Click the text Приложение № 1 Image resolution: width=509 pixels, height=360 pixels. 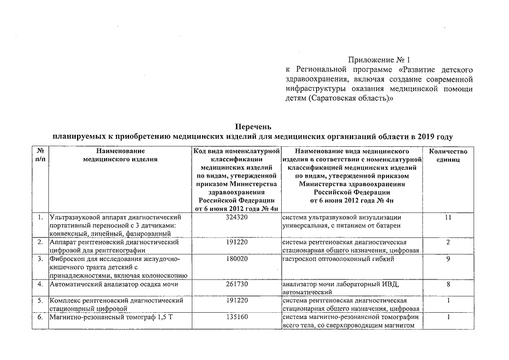pyautogui.click(x=380, y=59)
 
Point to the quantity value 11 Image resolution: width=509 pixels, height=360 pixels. pyautogui.click(x=448, y=217)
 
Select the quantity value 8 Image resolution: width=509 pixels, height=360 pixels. pyautogui.click(x=448, y=284)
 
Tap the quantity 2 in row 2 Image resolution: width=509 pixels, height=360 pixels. pyautogui.click(x=448, y=242)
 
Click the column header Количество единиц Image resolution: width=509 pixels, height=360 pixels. pyautogui.click(x=448, y=155)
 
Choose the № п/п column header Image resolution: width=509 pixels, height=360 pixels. pyautogui.click(x=40, y=155)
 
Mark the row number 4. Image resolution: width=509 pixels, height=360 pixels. pyautogui.click(x=40, y=284)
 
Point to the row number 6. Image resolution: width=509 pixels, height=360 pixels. pyautogui.click(x=40, y=317)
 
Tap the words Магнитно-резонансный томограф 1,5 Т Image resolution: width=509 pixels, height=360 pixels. pyautogui.click(x=110, y=317)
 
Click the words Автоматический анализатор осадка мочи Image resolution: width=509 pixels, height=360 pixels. pyautogui.click(x=114, y=284)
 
